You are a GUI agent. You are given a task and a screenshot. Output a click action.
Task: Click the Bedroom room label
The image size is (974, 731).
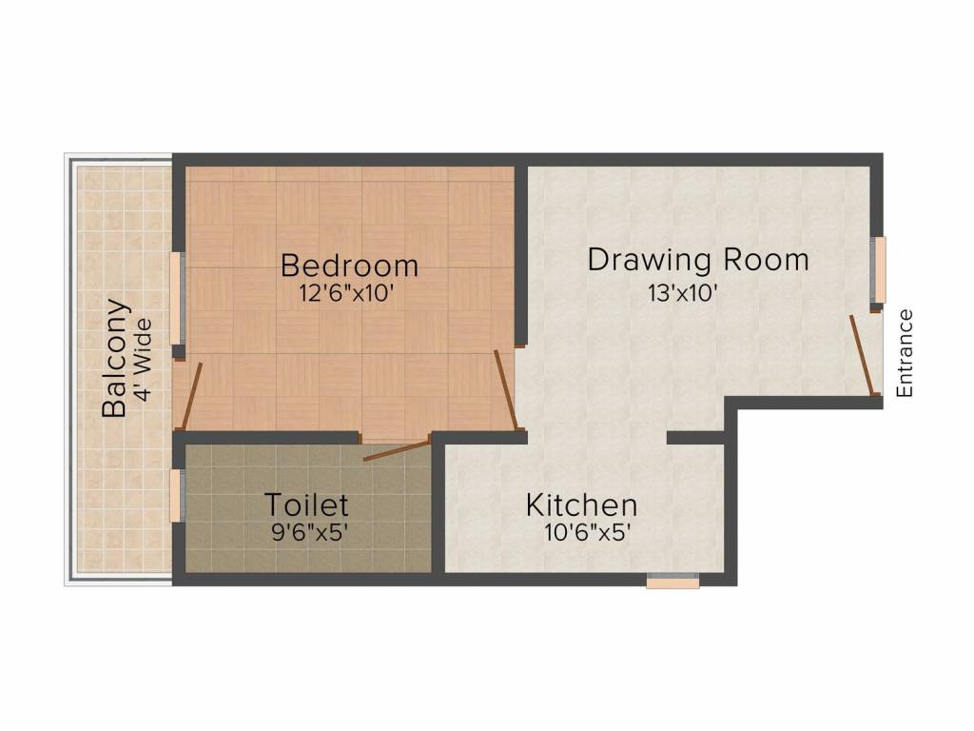pos(349,263)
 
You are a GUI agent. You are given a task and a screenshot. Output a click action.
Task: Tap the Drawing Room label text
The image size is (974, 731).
pos(697,259)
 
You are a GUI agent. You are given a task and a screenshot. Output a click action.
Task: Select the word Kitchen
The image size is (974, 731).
pos(581,504)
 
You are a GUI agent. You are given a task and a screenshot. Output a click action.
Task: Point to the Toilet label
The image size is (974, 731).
pos(306,504)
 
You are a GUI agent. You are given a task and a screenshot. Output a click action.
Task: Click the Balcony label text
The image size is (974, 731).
pos(115,359)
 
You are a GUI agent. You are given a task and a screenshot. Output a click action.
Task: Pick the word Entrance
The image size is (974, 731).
pos(905,353)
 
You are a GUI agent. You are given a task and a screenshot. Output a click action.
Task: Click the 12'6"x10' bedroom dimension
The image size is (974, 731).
pos(346,293)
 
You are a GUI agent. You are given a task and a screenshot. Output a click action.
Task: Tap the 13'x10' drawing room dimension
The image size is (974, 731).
pos(682,293)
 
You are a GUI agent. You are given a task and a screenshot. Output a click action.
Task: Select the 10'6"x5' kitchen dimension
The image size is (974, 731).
pos(588,533)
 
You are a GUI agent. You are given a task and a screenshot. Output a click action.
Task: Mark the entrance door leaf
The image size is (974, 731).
pos(862,354)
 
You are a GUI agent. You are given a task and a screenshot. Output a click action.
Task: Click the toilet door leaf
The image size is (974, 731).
pos(398,450)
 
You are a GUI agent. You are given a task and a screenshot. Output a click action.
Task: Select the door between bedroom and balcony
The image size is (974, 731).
pos(192,395)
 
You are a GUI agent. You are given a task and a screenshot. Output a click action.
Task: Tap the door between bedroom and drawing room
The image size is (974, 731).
pos(506,389)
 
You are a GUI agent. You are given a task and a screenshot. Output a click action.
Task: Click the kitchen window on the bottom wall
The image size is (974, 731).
pos(672,581)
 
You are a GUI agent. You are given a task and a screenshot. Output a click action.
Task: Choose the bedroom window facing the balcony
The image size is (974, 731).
pos(176,300)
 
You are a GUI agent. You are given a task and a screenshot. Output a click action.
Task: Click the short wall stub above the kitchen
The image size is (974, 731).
pos(696,438)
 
